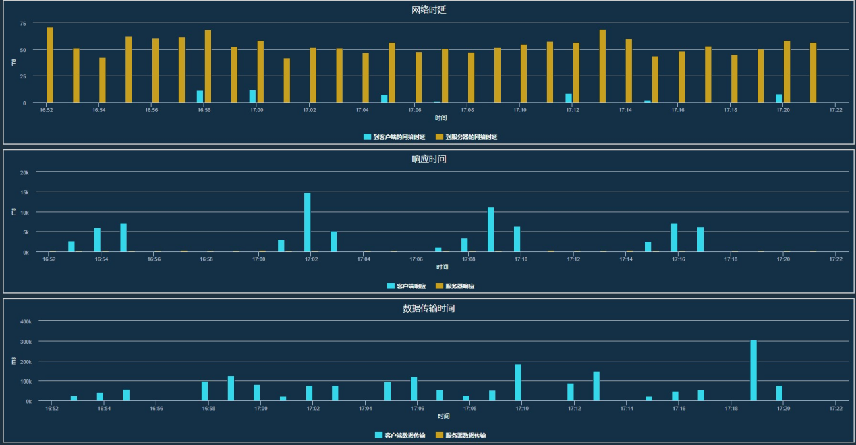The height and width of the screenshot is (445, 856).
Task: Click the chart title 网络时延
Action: click(x=428, y=10)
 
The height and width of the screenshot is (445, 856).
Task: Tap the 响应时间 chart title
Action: click(x=428, y=159)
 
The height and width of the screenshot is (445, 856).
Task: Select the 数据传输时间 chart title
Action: click(x=428, y=309)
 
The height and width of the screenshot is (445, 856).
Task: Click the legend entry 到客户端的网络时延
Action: click(x=399, y=137)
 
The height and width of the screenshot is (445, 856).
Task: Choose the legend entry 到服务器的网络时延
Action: click(x=471, y=137)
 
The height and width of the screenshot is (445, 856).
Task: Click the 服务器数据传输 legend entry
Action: click(x=465, y=436)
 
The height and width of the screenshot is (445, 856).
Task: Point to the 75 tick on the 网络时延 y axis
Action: click(x=23, y=23)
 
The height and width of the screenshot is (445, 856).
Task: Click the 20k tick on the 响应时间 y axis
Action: click(x=24, y=172)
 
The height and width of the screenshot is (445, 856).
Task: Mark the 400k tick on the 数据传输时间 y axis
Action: click(x=25, y=322)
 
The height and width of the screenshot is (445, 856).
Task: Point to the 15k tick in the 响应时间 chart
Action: click(x=24, y=192)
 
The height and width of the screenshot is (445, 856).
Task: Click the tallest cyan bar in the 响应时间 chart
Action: click(x=308, y=223)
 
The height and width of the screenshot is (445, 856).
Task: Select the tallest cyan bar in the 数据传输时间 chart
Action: click(x=753, y=371)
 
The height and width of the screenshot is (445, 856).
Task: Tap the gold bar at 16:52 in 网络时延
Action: click(x=50, y=65)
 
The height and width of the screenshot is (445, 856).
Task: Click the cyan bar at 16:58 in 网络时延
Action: click(x=200, y=97)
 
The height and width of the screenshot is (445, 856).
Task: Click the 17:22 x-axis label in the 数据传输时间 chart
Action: click(x=836, y=409)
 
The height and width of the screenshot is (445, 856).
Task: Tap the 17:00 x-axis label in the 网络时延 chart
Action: click(x=257, y=109)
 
